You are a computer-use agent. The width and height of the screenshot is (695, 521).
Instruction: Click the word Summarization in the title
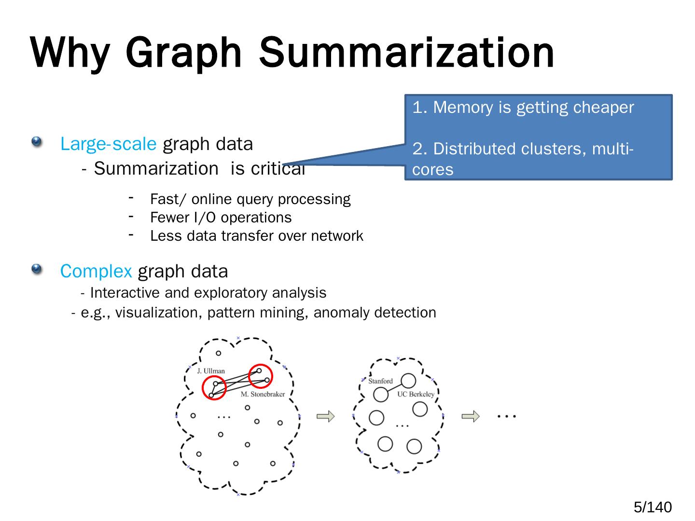(x=406, y=53)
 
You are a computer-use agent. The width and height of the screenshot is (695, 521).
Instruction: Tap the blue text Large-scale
(x=108, y=144)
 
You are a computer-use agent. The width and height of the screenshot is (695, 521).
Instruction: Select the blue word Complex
(x=96, y=271)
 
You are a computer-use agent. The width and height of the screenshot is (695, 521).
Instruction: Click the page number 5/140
(x=652, y=507)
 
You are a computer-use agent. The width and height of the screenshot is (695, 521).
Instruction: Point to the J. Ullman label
(x=211, y=371)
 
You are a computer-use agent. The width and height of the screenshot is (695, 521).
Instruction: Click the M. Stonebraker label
(x=263, y=394)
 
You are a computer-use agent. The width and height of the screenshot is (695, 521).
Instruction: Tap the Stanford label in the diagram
(x=380, y=381)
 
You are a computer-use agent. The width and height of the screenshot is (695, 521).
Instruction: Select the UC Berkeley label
(x=416, y=394)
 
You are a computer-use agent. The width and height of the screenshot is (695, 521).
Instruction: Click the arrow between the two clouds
(x=325, y=416)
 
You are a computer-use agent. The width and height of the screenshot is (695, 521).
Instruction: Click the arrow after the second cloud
(x=471, y=416)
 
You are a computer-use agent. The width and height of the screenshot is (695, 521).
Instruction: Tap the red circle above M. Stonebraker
(x=261, y=376)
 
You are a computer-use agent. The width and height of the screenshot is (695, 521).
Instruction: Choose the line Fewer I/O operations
(x=221, y=218)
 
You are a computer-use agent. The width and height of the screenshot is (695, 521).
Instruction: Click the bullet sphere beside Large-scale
(x=37, y=142)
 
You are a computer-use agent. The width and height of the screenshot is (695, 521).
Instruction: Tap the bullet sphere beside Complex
(x=37, y=269)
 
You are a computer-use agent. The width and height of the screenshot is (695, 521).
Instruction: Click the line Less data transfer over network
(x=256, y=236)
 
